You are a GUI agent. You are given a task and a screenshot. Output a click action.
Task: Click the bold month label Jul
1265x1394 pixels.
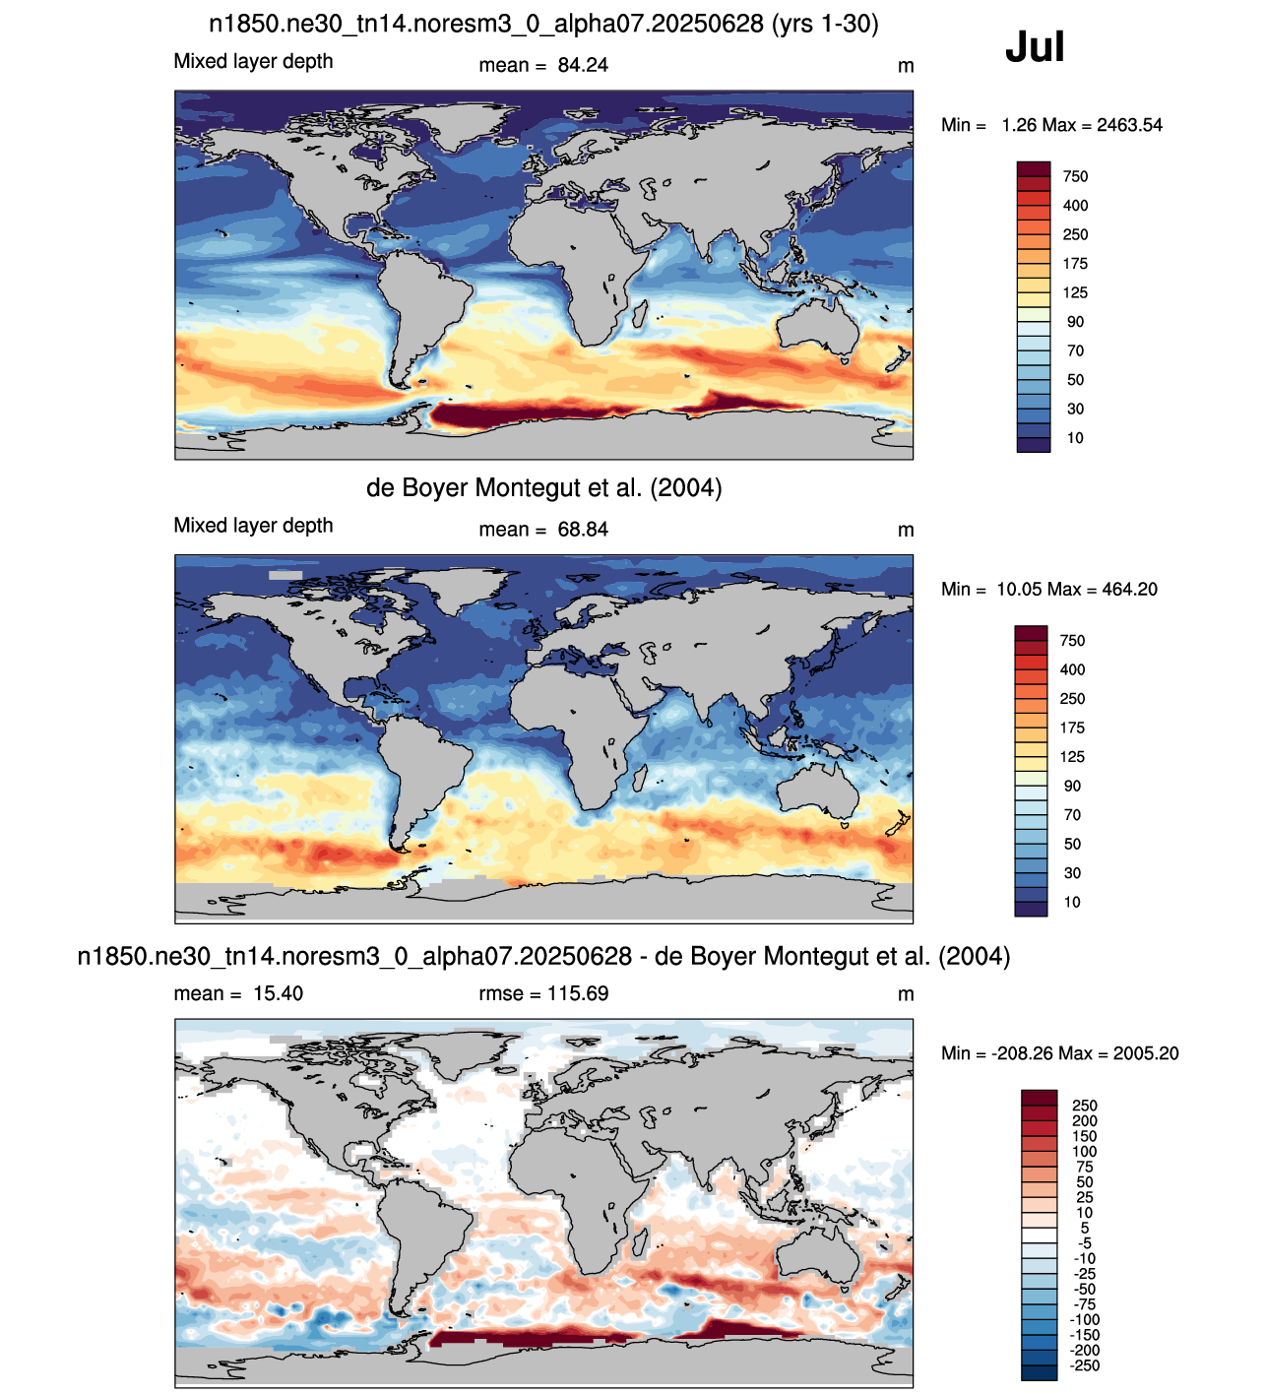pos(1035,47)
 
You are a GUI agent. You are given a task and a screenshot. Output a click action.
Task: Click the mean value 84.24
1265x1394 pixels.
pos(583,65)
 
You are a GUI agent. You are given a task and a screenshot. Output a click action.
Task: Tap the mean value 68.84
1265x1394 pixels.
pos(583,530)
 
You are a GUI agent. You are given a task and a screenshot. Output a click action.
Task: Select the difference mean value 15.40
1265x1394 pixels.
pos(278,993)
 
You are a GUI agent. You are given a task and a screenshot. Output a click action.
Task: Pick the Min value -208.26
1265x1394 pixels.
pos(1025,1053)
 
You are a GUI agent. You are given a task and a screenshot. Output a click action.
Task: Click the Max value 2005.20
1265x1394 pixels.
pos(1146,1053)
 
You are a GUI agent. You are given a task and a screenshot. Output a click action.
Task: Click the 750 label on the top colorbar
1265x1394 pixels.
pos(1075,176)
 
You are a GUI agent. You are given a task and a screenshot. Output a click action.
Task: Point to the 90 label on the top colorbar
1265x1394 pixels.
pos(1075,322)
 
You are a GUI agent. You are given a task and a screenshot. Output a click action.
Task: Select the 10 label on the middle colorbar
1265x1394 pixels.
pos(1072,902)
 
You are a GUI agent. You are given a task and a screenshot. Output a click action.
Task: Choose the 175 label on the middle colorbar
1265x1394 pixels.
pos(1072,728)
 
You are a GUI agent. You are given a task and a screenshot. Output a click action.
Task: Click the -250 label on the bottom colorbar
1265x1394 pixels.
pos(1084,1365)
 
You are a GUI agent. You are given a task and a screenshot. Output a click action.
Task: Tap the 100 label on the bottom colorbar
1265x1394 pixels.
pos(1084,1152)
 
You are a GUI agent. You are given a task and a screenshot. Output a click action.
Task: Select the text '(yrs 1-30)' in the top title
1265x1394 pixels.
pos(825,25)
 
